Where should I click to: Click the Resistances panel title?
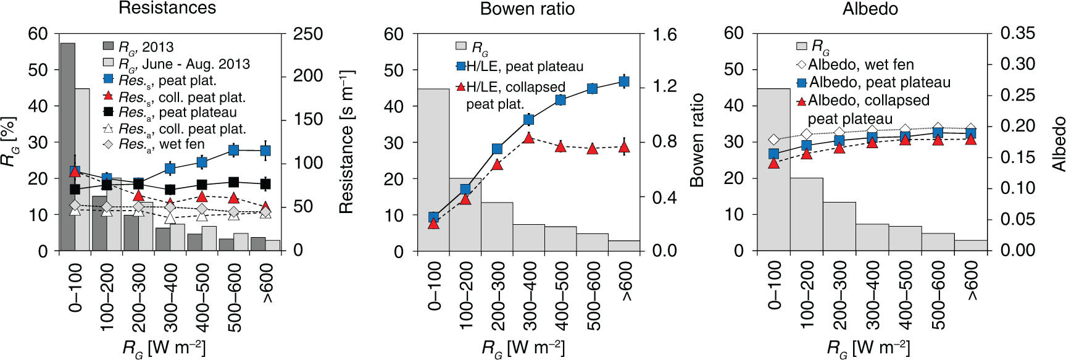click(x=167, y=8)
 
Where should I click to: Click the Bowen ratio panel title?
click(x=527, y=9)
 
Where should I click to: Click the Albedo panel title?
click(x=870, y=9)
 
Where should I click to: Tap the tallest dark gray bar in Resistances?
click(x=67, y=147)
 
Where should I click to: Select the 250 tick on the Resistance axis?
click(x=308, y=34)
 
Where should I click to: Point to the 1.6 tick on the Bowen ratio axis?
click(x=665, y=34)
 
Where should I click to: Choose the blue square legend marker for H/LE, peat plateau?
click(x=460, y=66)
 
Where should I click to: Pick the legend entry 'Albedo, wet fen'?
click(x=855, y=64)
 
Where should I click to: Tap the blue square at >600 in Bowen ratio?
click(x=624, y=82)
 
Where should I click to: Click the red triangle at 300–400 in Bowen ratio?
click(x=528, y=138)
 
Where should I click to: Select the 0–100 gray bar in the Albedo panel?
click(x=773, y=170)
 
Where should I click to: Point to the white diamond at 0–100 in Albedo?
click(x=774, y=140)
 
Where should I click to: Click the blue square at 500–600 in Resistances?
click(x=234, y=150)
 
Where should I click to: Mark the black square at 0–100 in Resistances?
click(x=75, y=190)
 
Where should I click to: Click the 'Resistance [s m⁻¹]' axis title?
click(x=346, y=141)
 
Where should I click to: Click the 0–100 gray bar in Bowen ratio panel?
click(x=433, y=170)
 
